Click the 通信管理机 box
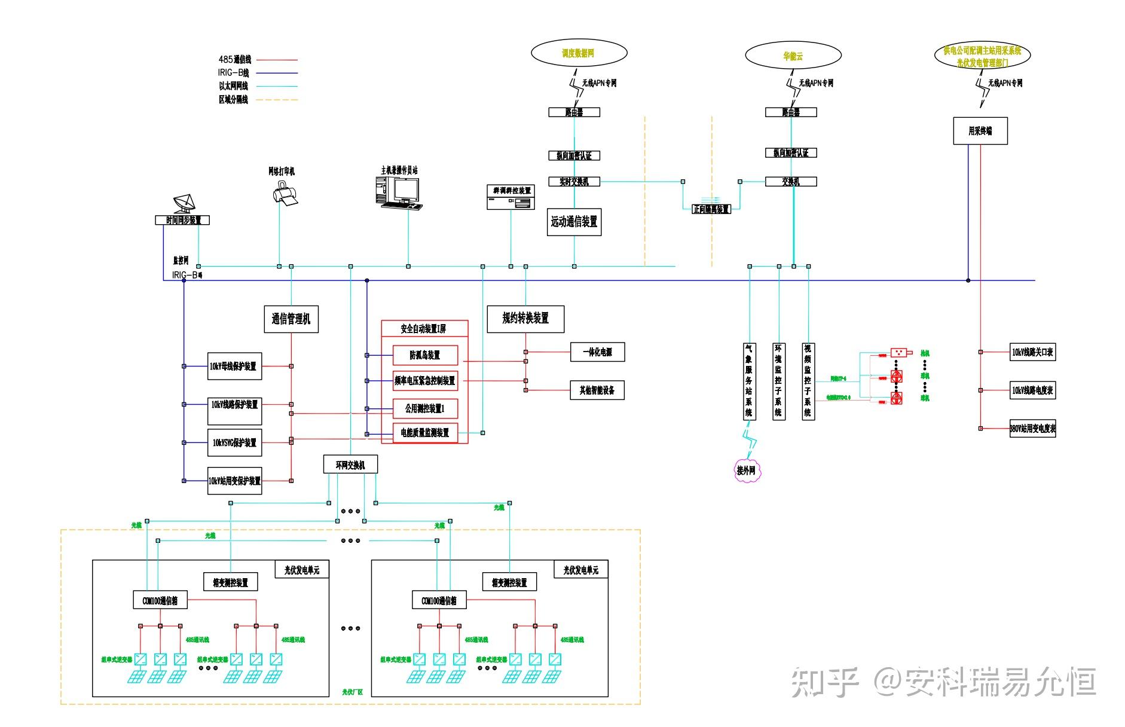click(x=291, y=319)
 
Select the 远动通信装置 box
click(x=574, y=222)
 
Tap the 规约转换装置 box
click(x=525, y=319)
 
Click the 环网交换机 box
click(x=350, y=465)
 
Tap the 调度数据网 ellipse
click(x=579, y=53)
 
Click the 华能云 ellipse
click(x=793, y=56)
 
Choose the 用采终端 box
click(x=980, y=131)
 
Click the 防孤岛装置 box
click(x=425, y=355)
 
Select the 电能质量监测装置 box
click(x=425, y=433)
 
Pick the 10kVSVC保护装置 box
click(x=234, y=443)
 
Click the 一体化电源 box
click(x=597, y=352)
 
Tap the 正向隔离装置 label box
click(x=711, y=209)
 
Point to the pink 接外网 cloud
click(x=746, y=471)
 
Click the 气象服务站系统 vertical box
click(x=749, y=381)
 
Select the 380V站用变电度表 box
click(x=1032, y=429)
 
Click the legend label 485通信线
click(x=235, y=59)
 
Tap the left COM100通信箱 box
click(x=160, y=600)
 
